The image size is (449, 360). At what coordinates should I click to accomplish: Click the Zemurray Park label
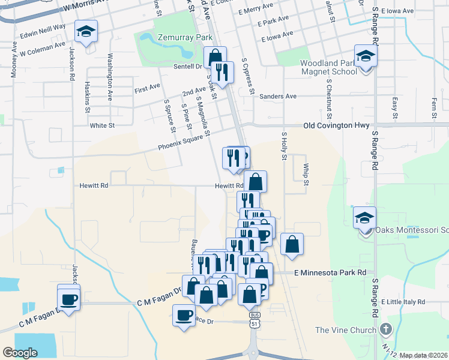click(x=185, y=37)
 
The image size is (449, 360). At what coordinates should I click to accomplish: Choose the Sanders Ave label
click(x=278, y=96)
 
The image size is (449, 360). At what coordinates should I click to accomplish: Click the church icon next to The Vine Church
click(x=385, y=329)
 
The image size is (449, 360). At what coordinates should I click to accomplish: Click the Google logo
click(x=20, y=353)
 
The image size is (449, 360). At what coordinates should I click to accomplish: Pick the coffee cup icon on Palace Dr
click(x=184, y=315)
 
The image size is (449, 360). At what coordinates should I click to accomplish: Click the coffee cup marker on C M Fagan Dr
click(x=68, y=298)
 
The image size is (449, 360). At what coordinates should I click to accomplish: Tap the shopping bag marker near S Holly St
click(x=292, y=244)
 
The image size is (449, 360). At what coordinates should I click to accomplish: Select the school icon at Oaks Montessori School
click(x=364, y=219)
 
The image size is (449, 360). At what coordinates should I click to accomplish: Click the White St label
click(x=102, y=125)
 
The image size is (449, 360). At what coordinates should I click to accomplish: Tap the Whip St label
click(x=306, y=175)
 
